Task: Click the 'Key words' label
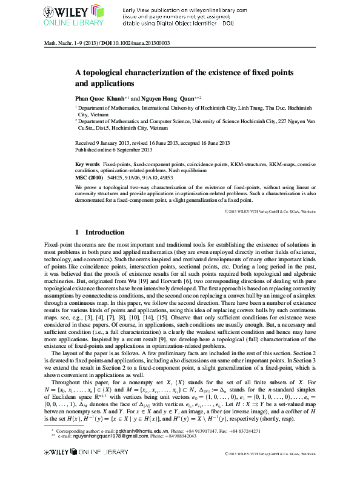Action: [87, 165]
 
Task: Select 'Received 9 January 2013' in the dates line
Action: [102, 143]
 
